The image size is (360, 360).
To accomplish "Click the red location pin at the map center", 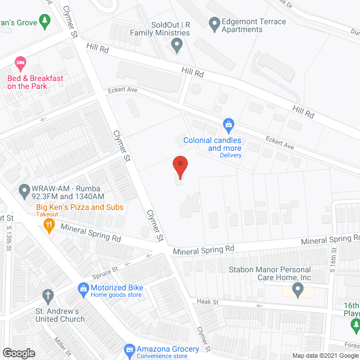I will click(x=179, y=167).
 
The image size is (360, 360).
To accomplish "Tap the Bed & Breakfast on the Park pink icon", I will click(x=21, y=61).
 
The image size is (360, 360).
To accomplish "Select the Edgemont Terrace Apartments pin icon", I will click(x=214, y=24).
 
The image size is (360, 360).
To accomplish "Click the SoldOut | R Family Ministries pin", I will click(x=177, y=46).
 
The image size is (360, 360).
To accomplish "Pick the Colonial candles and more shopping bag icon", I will click(x=228, y=124).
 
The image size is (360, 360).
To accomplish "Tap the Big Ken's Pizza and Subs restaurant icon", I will click(x=49, y=226).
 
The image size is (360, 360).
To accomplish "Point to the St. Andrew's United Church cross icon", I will click(x=49, y=295).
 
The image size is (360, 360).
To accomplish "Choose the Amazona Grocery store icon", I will click(x=130, y=350).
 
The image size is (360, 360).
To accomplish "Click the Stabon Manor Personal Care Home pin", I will click(x=298, y=290).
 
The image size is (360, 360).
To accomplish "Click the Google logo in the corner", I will click(x=19, y=353).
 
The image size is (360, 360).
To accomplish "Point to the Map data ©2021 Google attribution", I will click(x=323, y=355).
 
